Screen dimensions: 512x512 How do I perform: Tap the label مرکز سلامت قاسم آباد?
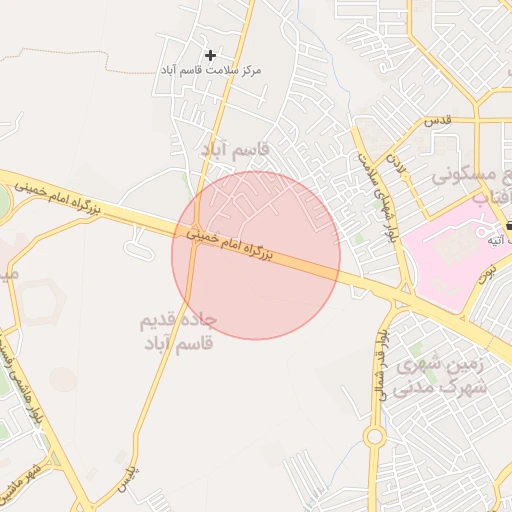pyautogui.click(x=210, y=71)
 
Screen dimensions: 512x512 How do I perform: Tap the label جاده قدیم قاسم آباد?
pyautogui.click(x=180, y=335)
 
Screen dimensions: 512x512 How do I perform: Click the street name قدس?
pyautogui.click(x=437, y=119)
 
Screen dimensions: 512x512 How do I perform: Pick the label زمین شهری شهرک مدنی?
pyautogui.click(x=440, y=376)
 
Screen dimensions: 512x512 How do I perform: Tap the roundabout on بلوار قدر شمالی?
pyautogui.click(x=375, y=437)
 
